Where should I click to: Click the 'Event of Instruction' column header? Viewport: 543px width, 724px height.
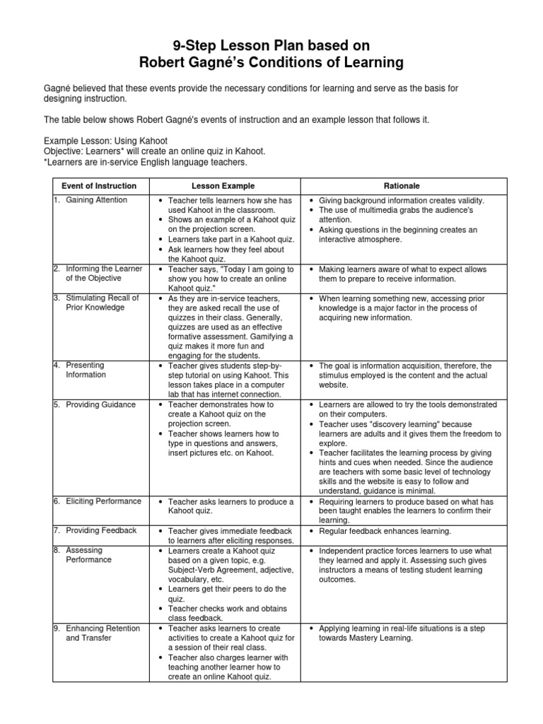click(98, 186)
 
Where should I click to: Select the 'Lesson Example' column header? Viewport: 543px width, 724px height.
click(224, 186)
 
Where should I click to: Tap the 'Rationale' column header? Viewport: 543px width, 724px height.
click(402, 186)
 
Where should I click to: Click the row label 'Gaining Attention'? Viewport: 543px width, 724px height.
click(96, 200)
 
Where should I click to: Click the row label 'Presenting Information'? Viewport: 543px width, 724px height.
click(86, 370)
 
